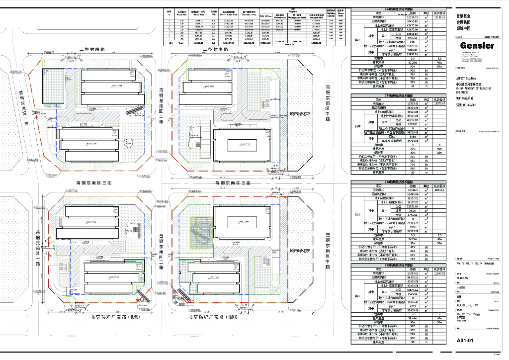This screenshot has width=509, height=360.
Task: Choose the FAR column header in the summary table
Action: [214, 14]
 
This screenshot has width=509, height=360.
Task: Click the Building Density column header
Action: [330, 14]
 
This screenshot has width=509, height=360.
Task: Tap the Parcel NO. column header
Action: [181, 14]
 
